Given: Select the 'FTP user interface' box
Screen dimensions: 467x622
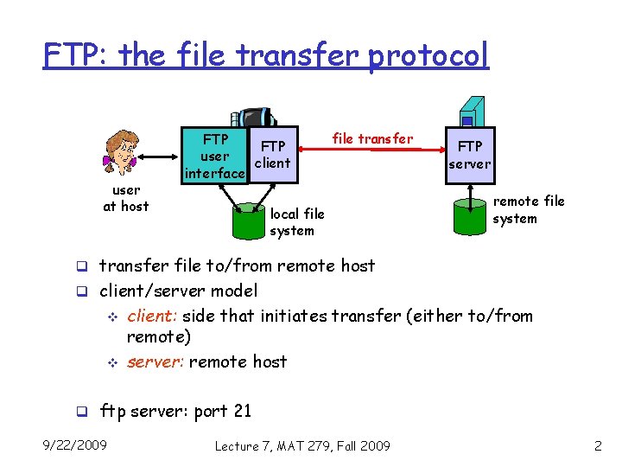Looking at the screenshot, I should [x=214, y=157].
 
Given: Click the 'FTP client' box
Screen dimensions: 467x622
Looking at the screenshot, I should [x=273, y=155].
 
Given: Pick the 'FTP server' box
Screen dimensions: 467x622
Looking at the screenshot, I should [x=470, y=155].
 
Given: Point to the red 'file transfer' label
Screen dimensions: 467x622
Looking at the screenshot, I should [x=372, y=138].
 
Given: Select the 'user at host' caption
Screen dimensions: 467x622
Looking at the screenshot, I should [x=126, y=198].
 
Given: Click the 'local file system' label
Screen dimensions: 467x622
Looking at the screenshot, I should [x=296, y=222].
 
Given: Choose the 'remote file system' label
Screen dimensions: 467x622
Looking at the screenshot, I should [x=528, y=209].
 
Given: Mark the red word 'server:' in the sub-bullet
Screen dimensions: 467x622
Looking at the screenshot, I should [x=155, y=361].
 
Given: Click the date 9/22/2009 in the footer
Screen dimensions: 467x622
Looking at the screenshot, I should [x=75, y=445].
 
